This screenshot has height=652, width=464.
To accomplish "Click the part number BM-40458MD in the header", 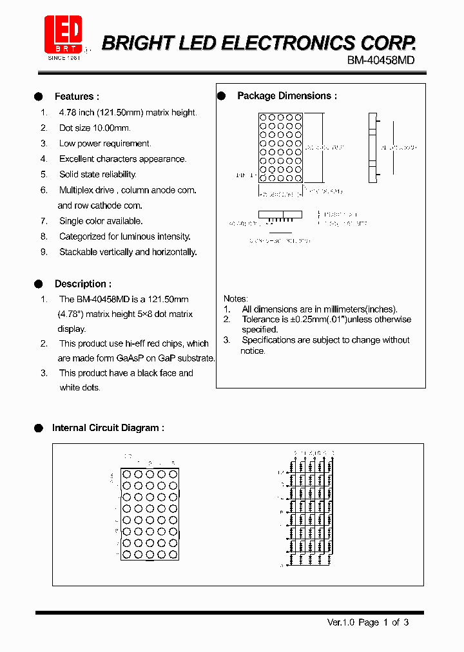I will pyautogui.click(x=380, y=60).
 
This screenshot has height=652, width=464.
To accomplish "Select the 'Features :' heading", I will pyautogui.click(x=77, y=97).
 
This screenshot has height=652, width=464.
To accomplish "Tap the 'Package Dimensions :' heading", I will pyautogui.click(x=287, y=96).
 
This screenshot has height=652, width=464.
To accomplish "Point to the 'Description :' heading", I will pyautogui.click(x=82, y=283).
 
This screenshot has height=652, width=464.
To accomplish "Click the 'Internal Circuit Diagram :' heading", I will pyautogui.click(x=108, y=428).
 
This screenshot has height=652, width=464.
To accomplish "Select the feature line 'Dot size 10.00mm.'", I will pyautogui.click(x=95, y=128).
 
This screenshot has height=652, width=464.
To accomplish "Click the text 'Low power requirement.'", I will pyautogui.click(x=105, y=144).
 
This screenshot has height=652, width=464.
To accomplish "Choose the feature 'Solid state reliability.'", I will pyautogui.click(x=98, y=175).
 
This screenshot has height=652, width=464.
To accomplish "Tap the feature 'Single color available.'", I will pyautogui.click(x=101, y=221).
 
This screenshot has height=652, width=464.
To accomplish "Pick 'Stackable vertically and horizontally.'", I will pyautogui.click(x=128, y=252).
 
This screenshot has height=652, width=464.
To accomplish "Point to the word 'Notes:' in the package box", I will pyautogui.click(x=235, y=299).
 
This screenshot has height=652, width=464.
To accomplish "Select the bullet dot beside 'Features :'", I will pyautogui.click(x=39, y=97).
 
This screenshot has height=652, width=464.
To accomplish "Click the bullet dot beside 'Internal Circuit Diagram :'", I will pyautogui.click(x=39, y=428).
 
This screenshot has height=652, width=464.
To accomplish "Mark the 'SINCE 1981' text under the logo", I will pyautogui.click(x=64, y=57).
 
